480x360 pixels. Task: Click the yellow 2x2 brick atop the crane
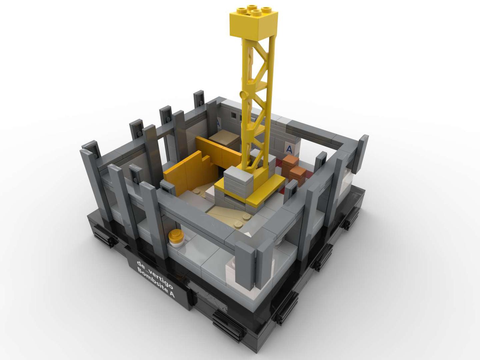[254, 23]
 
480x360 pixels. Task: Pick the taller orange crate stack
[290, 163]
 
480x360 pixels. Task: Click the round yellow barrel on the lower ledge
[176, 238]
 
